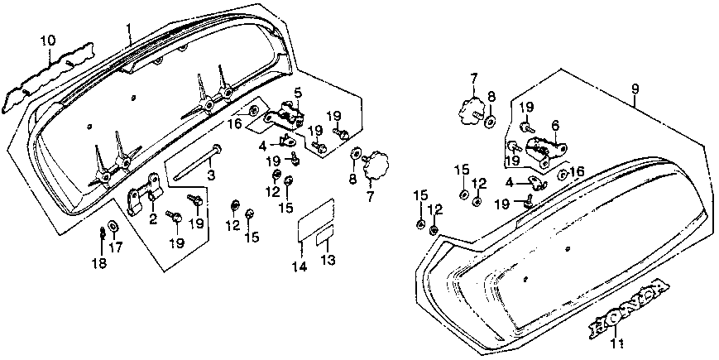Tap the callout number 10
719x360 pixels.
(x=48, y=40)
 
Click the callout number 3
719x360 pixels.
(x=211, y=175)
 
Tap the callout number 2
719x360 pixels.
(x=153, y=218)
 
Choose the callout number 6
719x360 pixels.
(x=555, y=125)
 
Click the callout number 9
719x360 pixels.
(x=635, y=89)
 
